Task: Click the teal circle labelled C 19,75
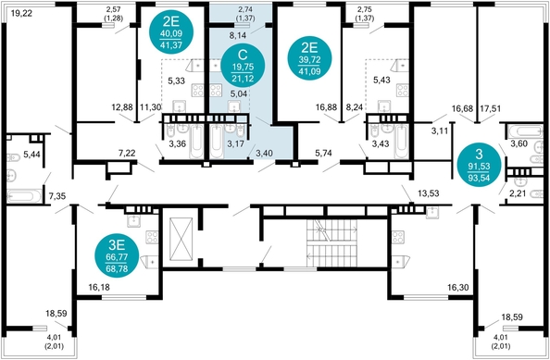coord(244,67)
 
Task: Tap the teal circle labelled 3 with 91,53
coord(479,165)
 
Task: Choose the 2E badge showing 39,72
coord(310,57)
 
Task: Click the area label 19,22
coord(21,14)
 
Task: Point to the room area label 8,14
coord(237,35)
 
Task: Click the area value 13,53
coord(429,193)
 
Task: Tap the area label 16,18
coord(99,288)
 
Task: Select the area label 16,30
coord(458,288)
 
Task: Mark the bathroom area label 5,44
coord(31,155)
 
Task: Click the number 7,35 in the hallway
coord(57,195)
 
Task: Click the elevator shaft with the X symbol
coord(181,239)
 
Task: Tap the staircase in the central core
coord(331,243)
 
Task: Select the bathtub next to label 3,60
coord(525,131)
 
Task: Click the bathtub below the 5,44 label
coord(24,196)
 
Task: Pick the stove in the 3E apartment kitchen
coord(152,237)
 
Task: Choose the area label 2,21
coord(518,193)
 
